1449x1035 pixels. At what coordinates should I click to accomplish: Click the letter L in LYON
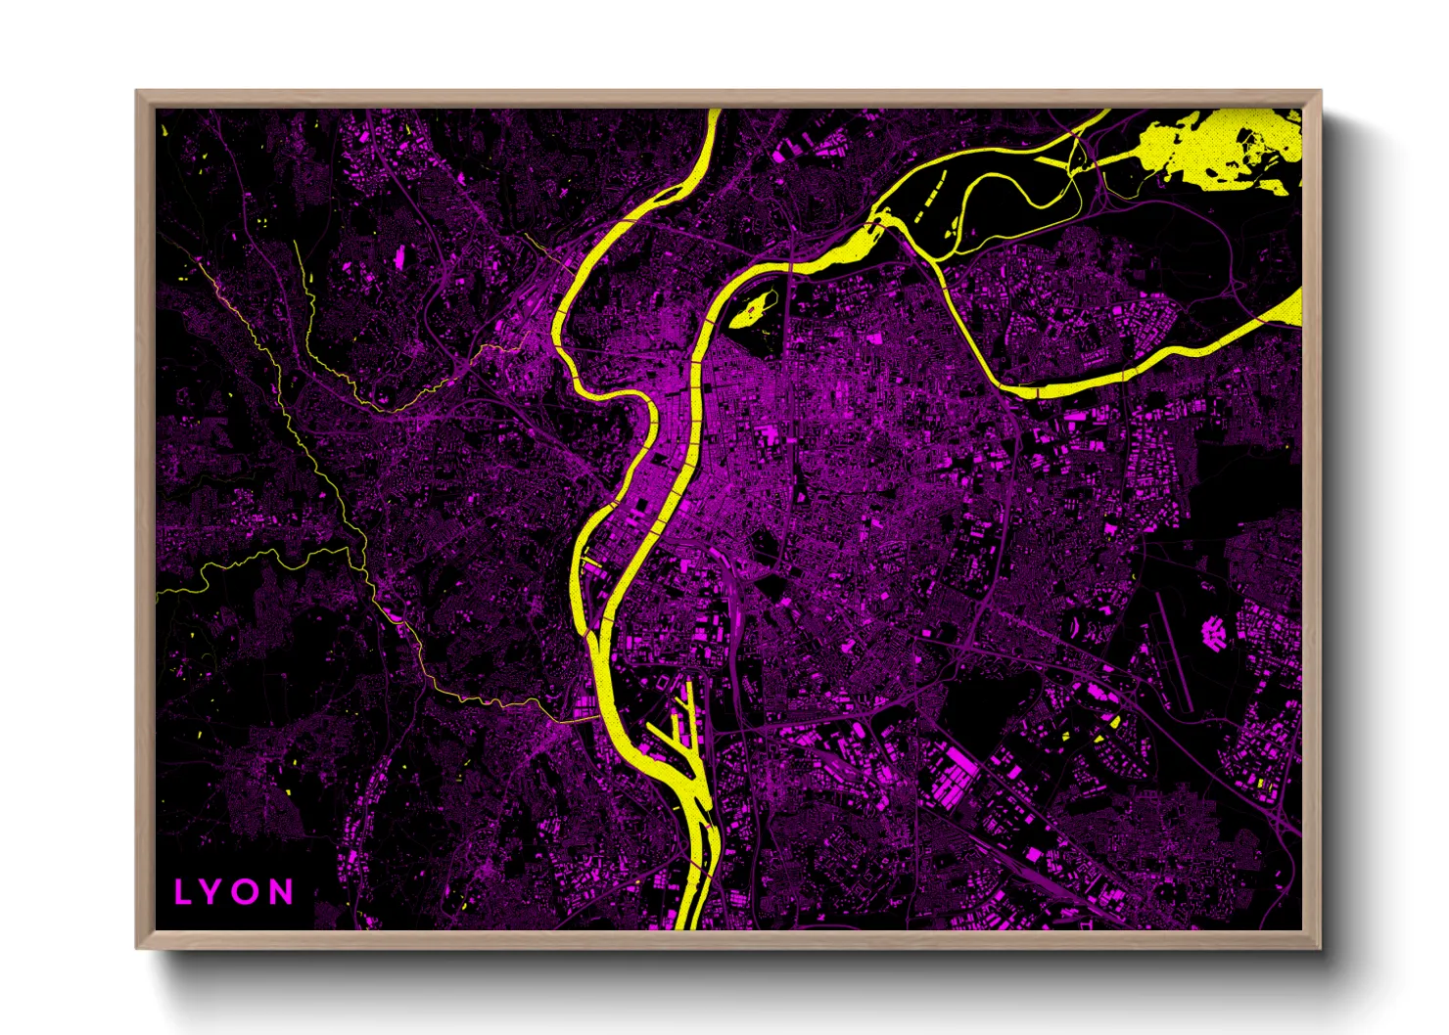point(183,891)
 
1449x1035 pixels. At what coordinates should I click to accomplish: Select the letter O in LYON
point(246,891)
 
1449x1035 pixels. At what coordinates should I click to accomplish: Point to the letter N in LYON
point(281,891)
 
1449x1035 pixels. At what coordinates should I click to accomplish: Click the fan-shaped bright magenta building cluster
point(1214,632)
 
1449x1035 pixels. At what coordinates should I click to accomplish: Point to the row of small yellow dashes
point(928,196)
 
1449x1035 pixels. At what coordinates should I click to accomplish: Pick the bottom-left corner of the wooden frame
point(138,946)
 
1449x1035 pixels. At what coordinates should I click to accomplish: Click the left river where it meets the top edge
point(714,112)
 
